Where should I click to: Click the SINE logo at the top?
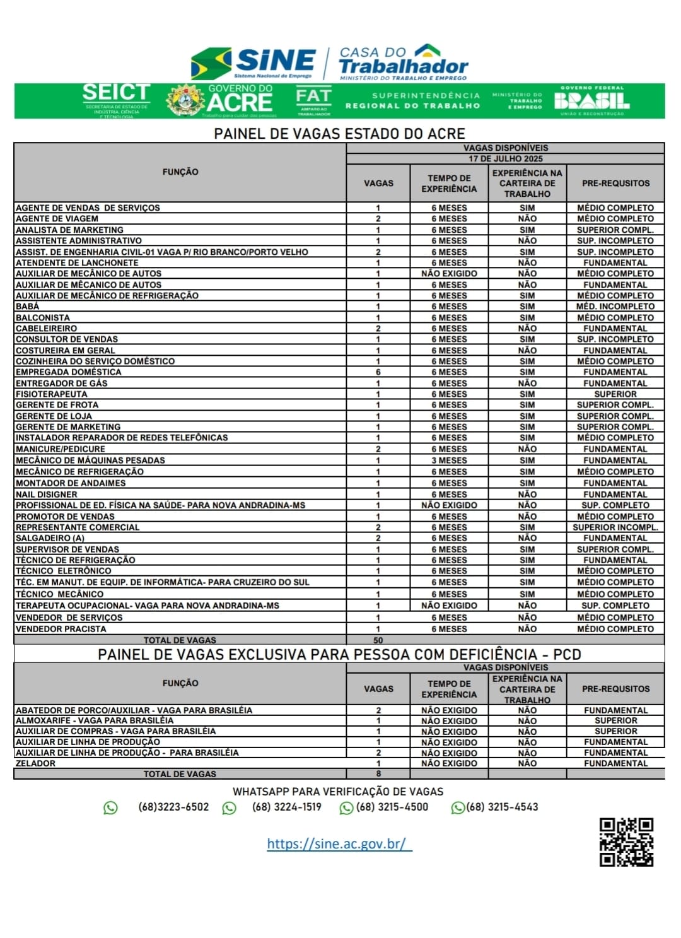tap(253, 62)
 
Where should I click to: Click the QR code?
tap(626, 841)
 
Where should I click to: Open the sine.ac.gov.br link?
tap(339, 843)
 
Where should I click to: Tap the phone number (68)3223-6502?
tap(173, 807)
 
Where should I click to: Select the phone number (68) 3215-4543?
tap(502, 807)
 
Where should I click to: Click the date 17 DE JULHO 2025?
tap(505, 159)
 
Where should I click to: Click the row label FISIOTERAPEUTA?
tap(52, 394)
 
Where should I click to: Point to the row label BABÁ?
tap(28, 307)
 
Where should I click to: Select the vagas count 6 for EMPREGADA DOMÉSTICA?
tap(378, 372)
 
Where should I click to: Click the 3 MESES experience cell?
tap(449, 460)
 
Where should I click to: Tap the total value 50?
tap(378, 640)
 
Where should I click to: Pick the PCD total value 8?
tap(378, 774)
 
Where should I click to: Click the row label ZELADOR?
tap(35, 763)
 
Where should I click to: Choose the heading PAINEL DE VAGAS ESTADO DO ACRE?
tap(339, 134)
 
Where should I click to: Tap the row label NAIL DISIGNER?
tap(47, 495)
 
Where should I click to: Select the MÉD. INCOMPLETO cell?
tap(615, 307)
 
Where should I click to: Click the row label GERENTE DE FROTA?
tap(57, 405)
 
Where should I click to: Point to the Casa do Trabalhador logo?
tap(404, 62)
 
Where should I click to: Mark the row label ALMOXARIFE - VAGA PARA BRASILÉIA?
tap(95, 720)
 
